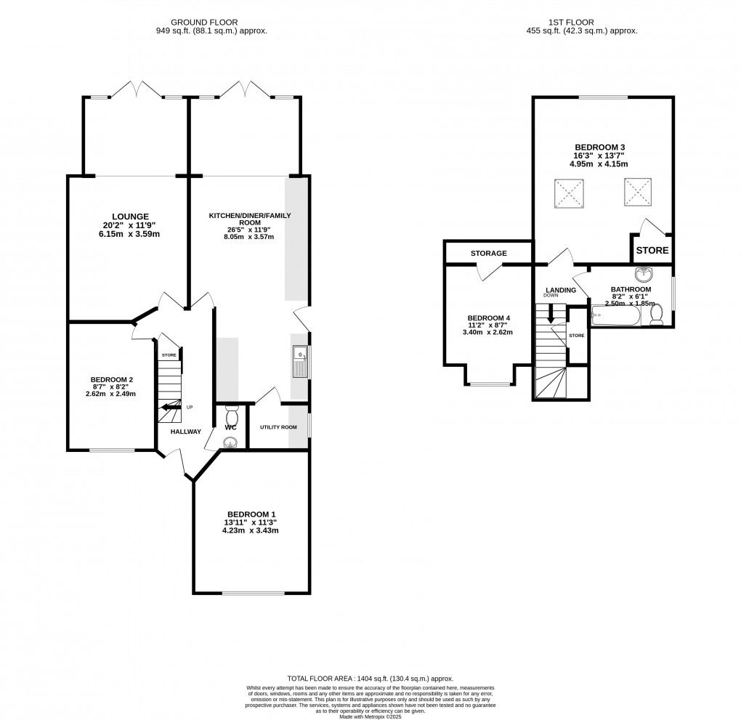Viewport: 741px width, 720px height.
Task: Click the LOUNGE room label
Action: pos(131,217)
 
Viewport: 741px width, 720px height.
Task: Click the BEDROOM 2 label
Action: pos(112,379)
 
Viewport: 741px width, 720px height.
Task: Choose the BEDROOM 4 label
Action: pos(488,318)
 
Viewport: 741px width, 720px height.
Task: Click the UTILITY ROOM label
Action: pos(279,426)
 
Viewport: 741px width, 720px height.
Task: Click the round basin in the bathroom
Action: pos(644,275)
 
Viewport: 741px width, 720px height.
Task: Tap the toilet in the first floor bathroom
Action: pos(657,314)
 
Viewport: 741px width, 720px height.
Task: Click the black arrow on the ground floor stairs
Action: pos(171,407)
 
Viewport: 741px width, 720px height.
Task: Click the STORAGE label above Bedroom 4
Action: pos(488,254)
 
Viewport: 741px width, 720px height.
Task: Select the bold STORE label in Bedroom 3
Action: pos(652,251)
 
